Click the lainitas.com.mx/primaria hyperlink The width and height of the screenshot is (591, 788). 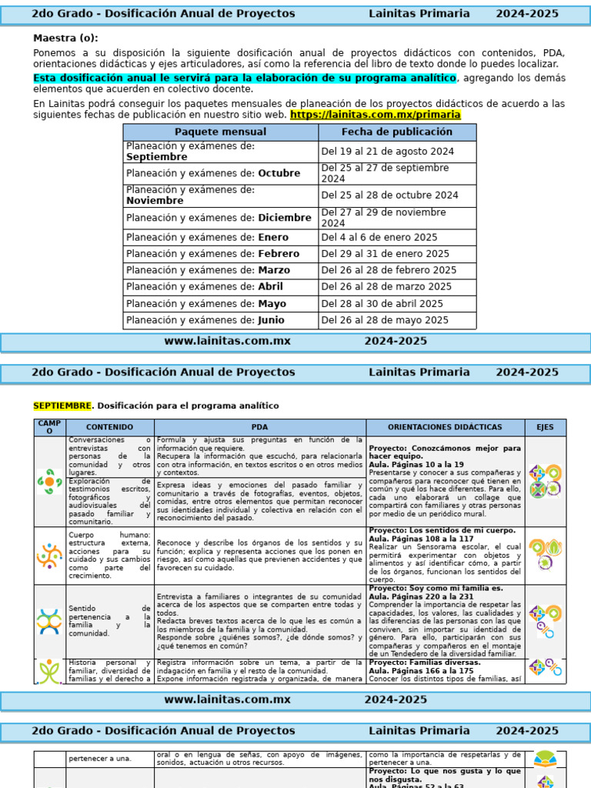click(x=375, y=115)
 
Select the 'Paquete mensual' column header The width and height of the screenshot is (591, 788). click(x=220, y=132)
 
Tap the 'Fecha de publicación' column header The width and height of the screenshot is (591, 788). click(x=397, y=132)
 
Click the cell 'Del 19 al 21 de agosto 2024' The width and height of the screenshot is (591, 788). click(x=387, y=152)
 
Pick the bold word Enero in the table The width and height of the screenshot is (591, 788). click(x=273, y=238)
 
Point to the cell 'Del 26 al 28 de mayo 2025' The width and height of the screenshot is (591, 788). click(x=385, y=321)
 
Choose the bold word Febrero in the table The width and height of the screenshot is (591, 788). click(x=279, y=254)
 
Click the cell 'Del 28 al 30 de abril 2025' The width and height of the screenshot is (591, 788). click(x=382, y=304)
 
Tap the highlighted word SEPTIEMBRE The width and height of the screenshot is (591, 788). click(x=62, y=406)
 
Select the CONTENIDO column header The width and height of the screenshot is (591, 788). click(x=109, y=427)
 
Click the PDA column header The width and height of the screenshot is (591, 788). click(x=259, y=427)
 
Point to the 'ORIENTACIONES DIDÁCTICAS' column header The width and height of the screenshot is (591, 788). click(x=445, y=427)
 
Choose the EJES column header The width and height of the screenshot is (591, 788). click(x=545, y=427)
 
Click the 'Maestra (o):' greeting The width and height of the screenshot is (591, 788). click(x=65, y=38)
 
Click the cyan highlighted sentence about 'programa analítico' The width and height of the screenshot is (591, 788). click(x=245, y=78)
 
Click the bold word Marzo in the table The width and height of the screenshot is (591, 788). click(x=274, y=271)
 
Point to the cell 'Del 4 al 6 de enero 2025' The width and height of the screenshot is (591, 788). click(x=379, y=238)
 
